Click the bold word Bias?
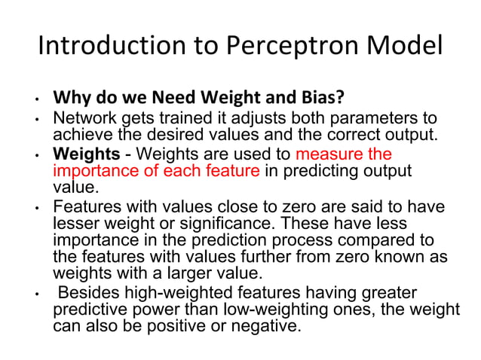tap(318, 99)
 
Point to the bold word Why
tap(71, 99)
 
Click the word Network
tap(82, 121)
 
